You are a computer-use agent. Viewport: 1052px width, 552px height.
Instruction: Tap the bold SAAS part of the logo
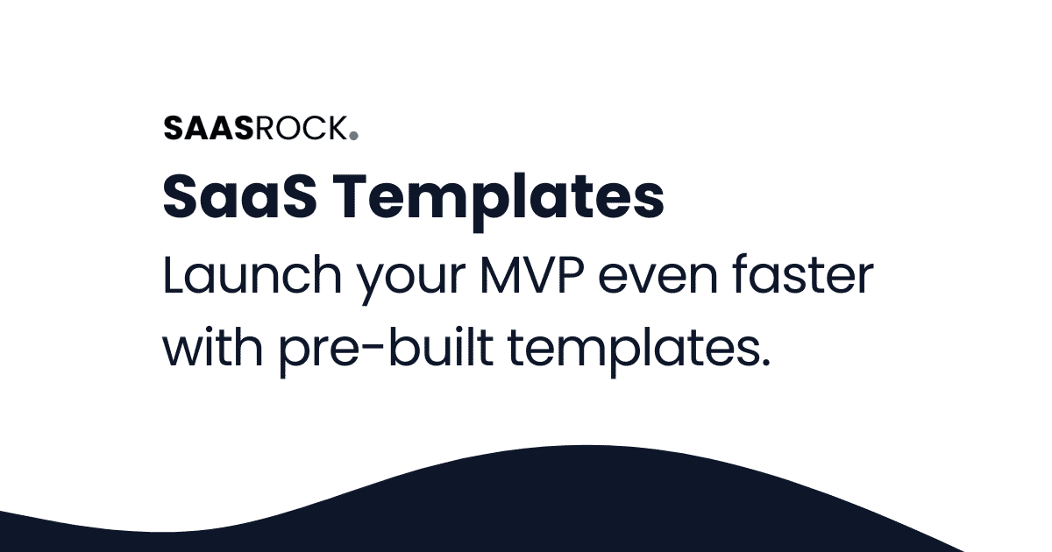pos(209,129)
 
